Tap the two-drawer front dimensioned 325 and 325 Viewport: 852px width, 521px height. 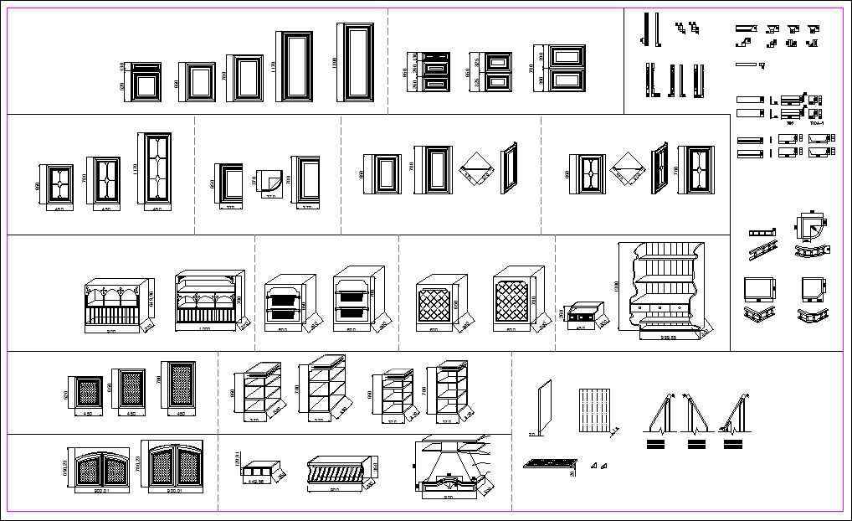[499, 71]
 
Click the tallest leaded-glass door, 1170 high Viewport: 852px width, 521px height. [154, 170]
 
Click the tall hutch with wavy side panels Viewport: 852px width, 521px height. [665, 290]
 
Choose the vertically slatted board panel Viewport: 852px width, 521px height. [594, 410]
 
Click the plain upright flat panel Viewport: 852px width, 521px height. [545, 407]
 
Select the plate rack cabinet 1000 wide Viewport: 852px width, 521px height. [209, 300]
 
